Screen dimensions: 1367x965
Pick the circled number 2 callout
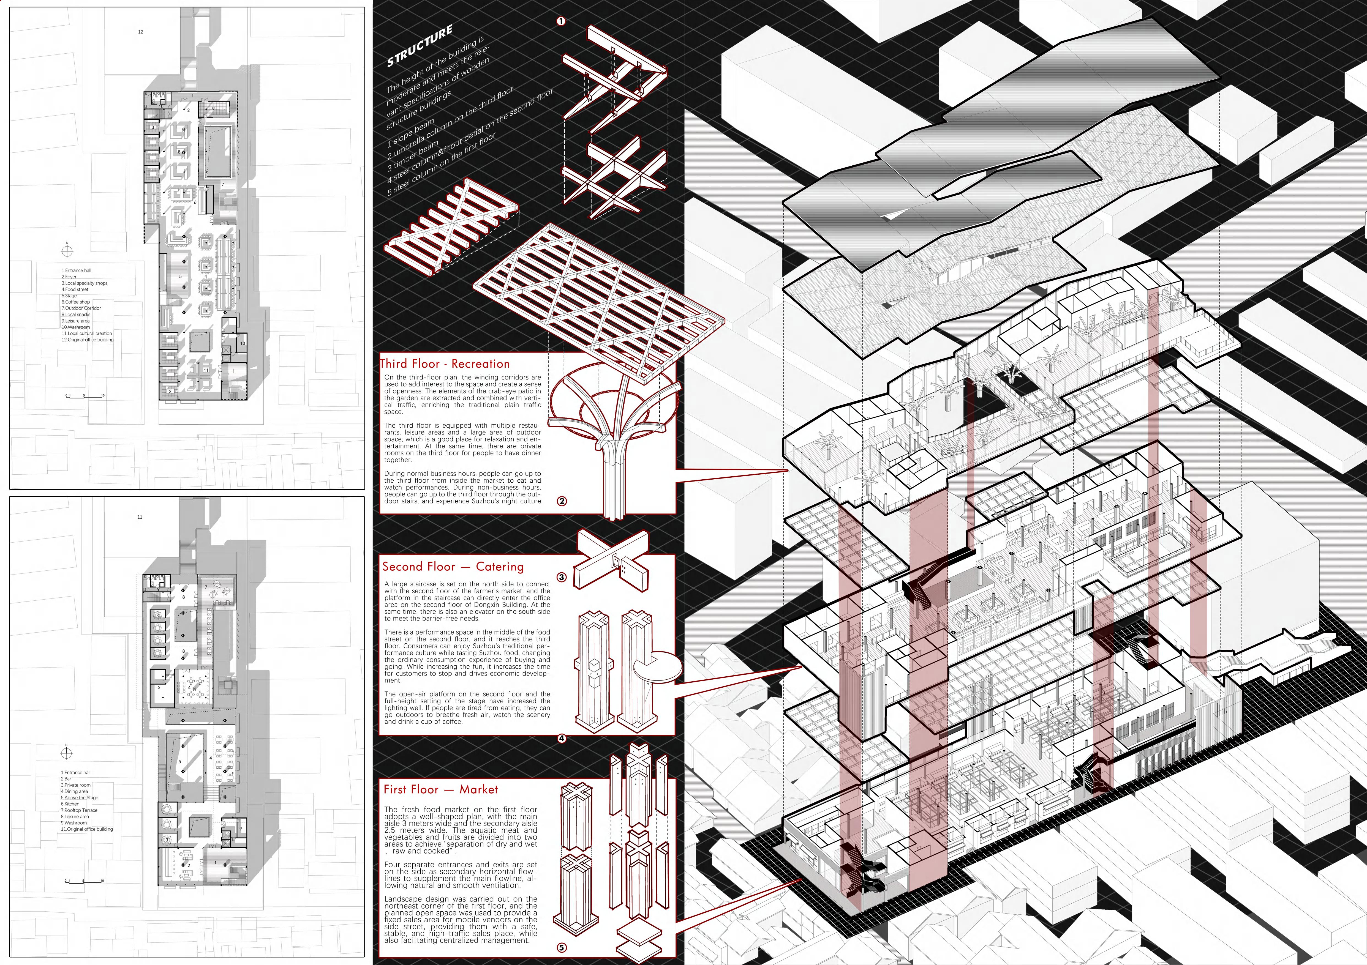pos(562,501)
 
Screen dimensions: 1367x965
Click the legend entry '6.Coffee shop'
pos(76,302)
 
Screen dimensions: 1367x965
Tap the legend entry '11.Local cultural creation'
pos(87,333)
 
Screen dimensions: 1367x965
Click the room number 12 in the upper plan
pos(140,32)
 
